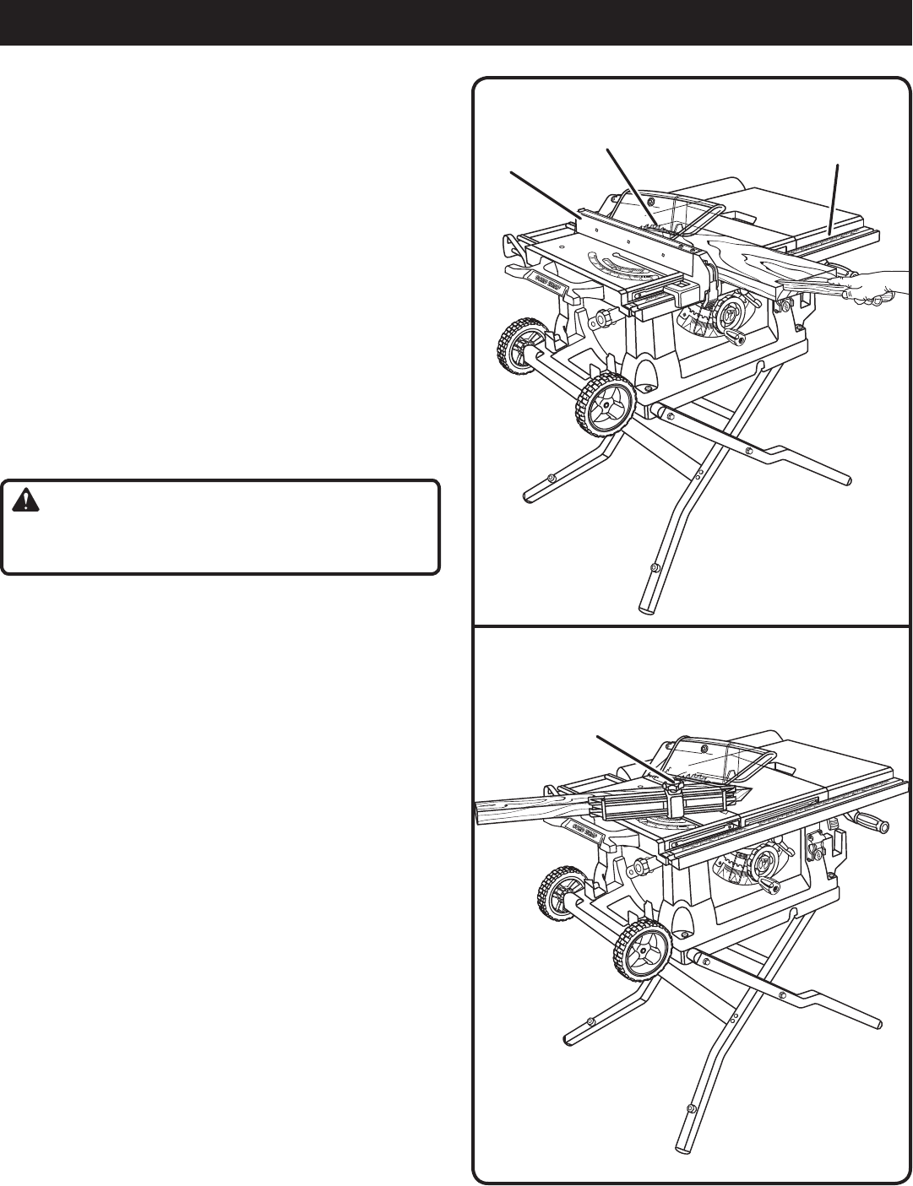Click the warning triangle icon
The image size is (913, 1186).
(24, 501)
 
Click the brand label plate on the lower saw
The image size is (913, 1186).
(584, 826)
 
